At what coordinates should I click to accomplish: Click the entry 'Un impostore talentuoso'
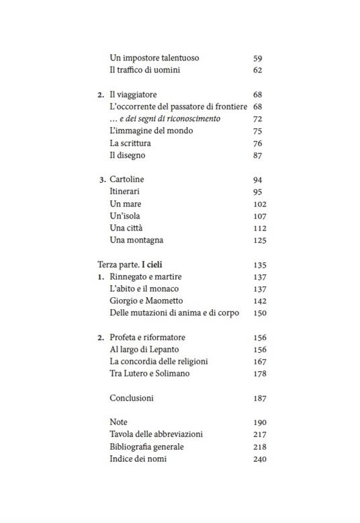coord(154,58)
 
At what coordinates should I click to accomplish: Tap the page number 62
coord(257,70)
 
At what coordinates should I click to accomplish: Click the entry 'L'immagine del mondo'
coord(151,131)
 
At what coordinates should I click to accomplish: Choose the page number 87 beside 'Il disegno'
coord(257,155)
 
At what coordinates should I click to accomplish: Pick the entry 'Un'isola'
coord(125,216)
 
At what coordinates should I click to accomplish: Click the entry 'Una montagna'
coord(136,240)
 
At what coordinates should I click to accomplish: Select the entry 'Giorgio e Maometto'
coord(146,300)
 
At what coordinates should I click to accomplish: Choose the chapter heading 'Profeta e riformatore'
coord(146,337)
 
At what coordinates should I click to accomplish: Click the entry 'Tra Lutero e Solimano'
coord(149,374)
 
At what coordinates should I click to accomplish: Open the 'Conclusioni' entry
coord(132,398)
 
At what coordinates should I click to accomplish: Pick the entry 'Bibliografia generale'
coord(146,446)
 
